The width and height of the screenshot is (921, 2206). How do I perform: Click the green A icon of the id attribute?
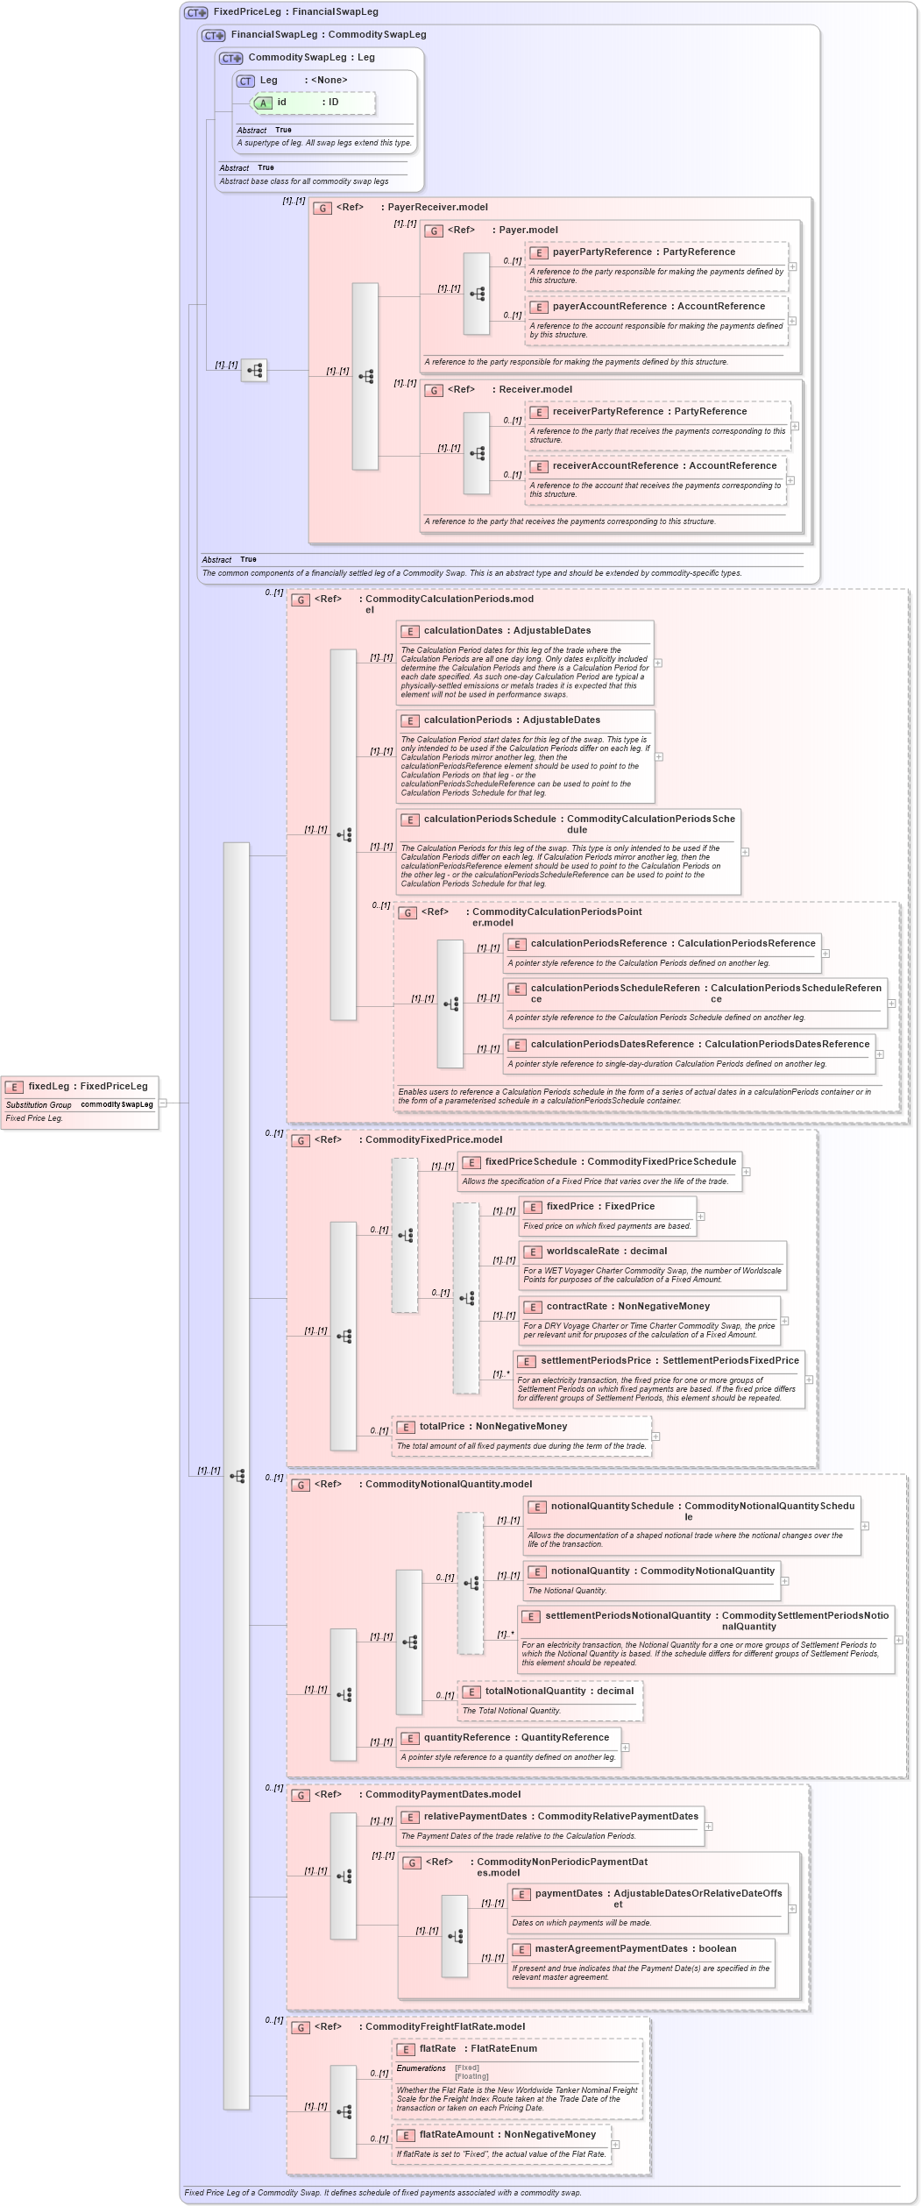click(263, 103)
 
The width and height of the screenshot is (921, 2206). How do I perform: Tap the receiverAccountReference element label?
click(664, 466)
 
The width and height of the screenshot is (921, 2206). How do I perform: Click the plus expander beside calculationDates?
click(658, 663)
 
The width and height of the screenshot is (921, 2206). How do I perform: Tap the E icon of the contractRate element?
click(533, 1307)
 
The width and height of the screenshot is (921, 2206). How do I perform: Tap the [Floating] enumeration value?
click(471, 2076)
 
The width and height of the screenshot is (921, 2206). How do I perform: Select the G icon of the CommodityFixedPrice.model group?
click(301, 1141)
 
